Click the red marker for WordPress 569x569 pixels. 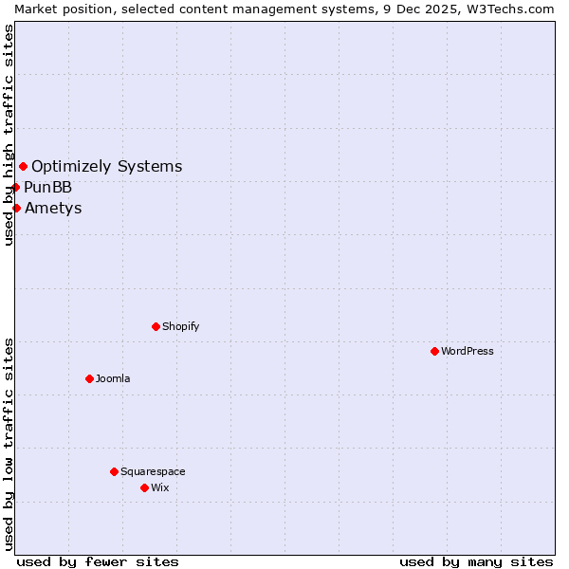pos(434,351)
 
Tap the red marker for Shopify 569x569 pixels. pos(156,326)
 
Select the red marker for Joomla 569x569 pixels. pos(89,378)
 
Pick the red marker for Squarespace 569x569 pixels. pos(114,471)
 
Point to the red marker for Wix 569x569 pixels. pos(144,487)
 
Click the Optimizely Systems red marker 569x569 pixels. pos(23,167)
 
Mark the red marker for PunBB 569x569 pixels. pos(15,187)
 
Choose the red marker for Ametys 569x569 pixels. pos(16,208)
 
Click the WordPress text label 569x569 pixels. pos(468,351)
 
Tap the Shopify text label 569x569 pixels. pos(181,326)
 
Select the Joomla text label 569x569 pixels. pos(113,378)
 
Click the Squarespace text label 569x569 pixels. pos(153,471)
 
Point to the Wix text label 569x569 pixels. pos(160,487)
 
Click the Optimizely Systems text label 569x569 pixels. pos(107,167)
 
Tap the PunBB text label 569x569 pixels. pos(48,187)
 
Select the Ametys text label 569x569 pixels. pos(54,208)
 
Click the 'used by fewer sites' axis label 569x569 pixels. pos(98,561)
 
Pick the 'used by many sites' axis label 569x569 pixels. pos(476,561)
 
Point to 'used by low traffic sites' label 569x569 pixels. pos(9,444)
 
